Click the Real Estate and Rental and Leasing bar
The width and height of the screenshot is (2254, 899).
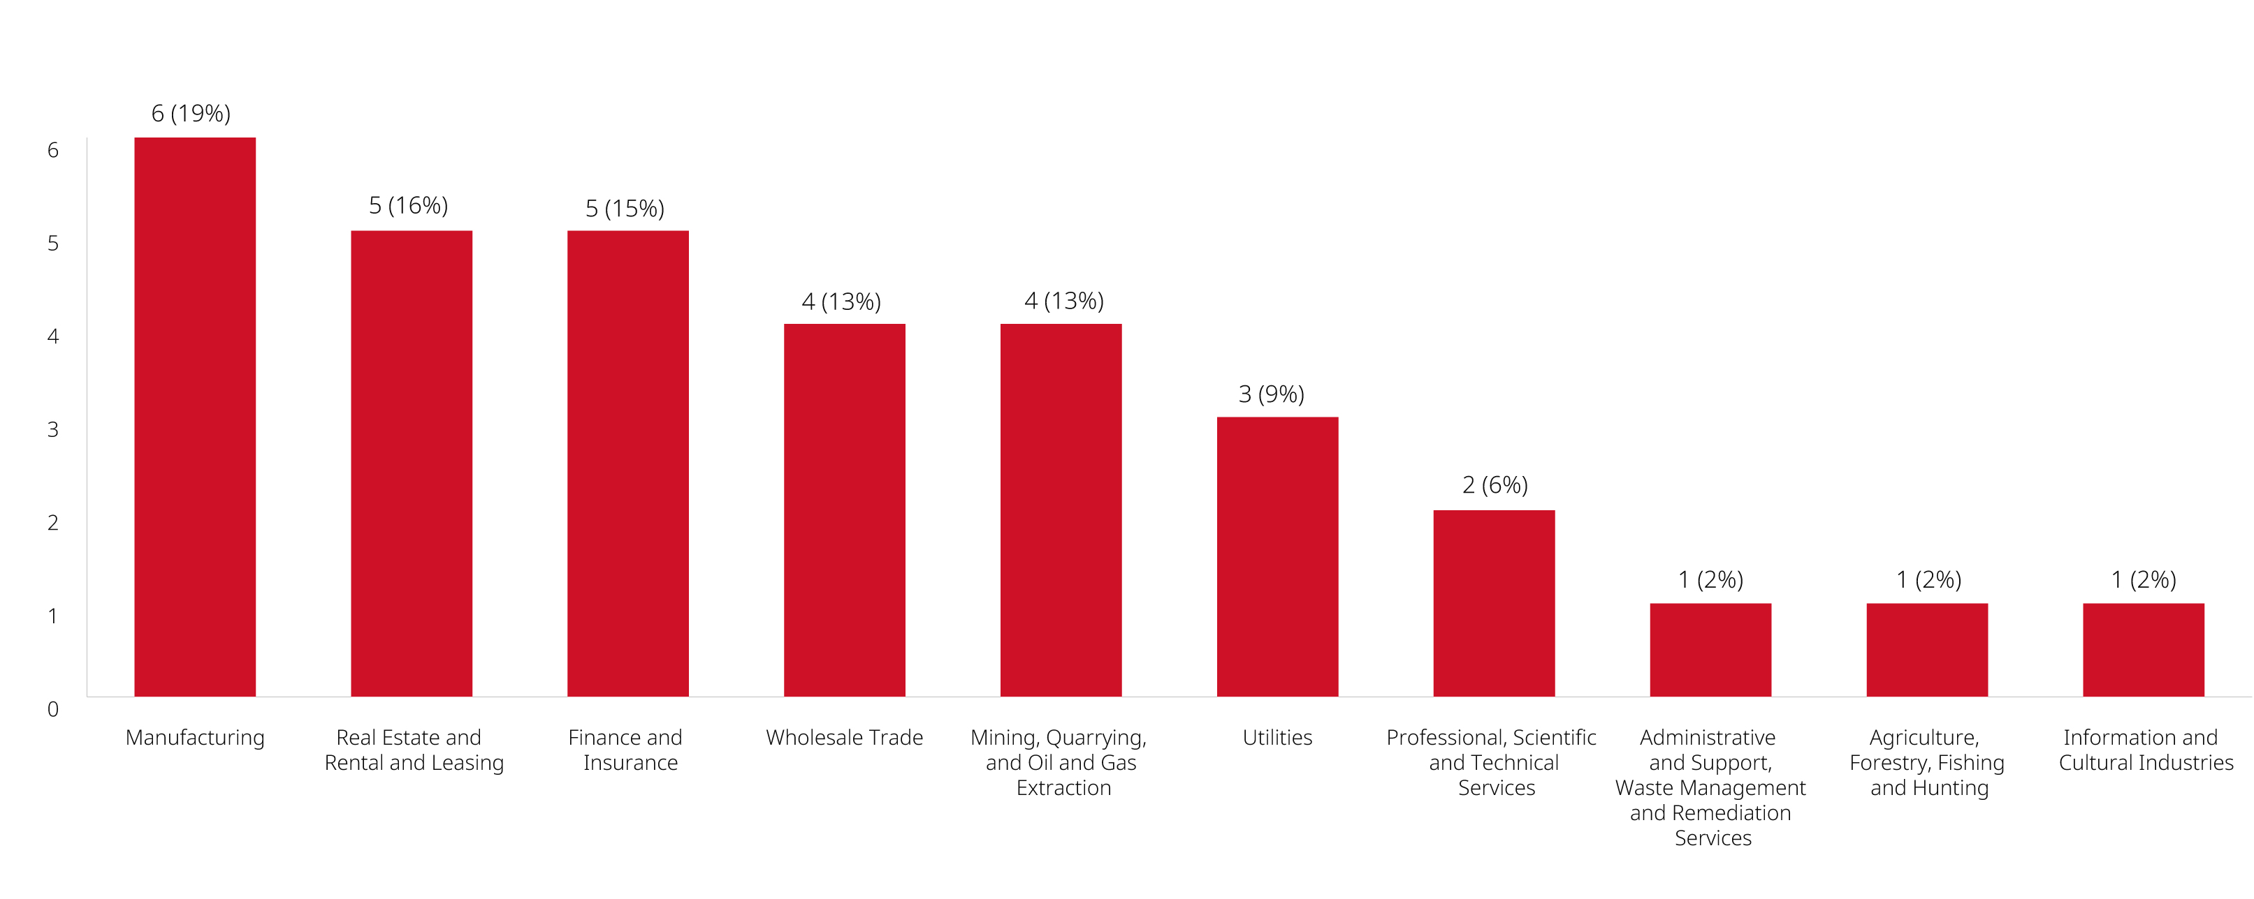(412, 463)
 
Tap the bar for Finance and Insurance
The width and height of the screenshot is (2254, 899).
(627, 463)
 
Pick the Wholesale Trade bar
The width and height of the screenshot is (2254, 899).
(844, 510)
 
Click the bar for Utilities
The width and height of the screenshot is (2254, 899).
(1277, 556)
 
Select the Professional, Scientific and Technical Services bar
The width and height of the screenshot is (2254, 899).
(1494, 604)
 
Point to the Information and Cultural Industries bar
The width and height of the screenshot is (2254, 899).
(2143, 650)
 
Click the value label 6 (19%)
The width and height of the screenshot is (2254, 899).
(191, 114)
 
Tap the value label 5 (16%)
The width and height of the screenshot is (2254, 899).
(408, 205)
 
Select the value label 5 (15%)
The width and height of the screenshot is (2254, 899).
(625, 208)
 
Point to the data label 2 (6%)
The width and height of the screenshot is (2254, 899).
(1495, 485)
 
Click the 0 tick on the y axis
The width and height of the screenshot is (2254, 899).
(53, 709)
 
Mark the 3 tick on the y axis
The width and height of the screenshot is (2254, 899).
(53, 429)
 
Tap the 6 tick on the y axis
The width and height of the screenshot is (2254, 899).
(53, 151)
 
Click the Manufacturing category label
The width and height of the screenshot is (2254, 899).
(194, 737)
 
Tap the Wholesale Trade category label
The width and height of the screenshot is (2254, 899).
(844, 737)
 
